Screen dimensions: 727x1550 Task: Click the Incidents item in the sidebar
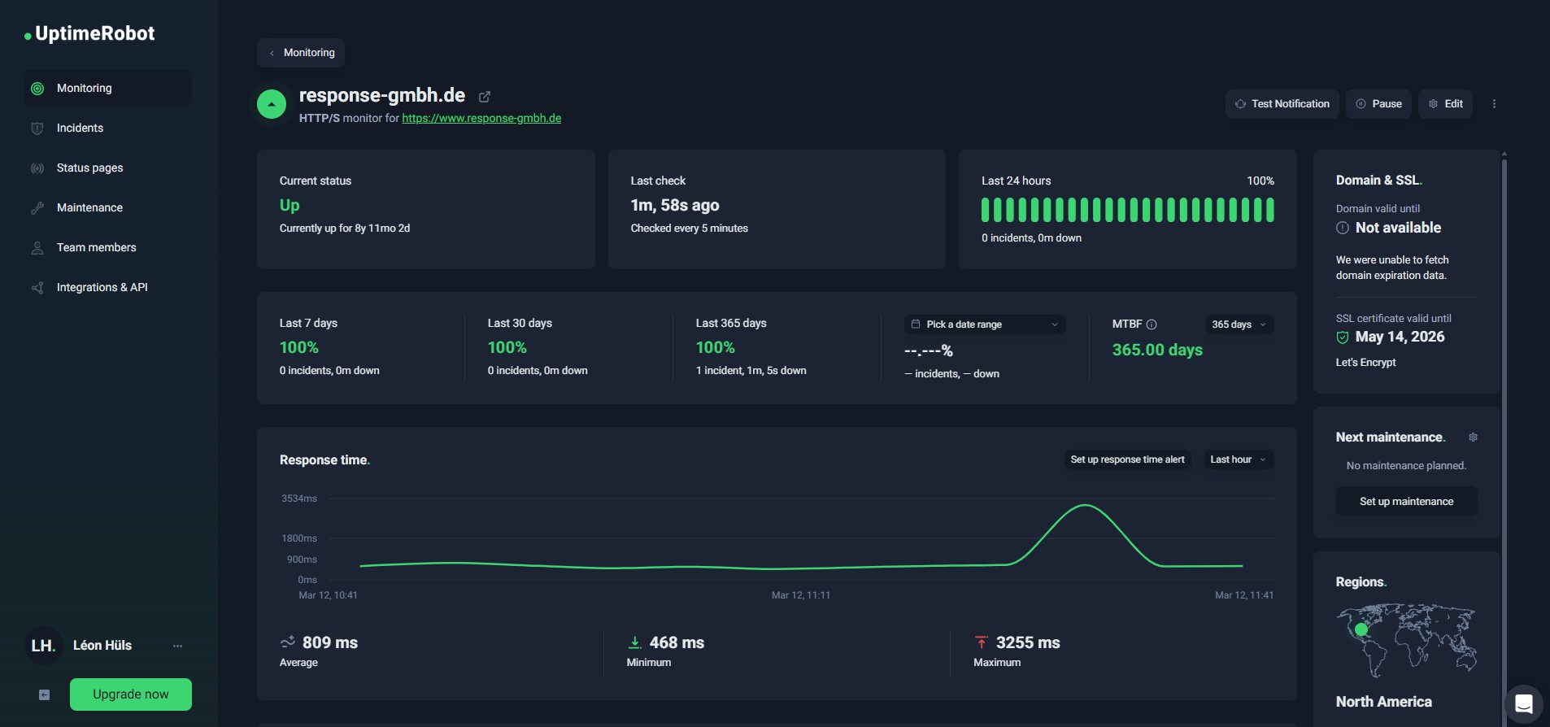[x=80, y=128]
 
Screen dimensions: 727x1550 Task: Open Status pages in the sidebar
[x=89, y=168]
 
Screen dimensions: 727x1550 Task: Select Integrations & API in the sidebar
[x=102, y=287]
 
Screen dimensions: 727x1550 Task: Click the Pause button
[x=1379, y=104]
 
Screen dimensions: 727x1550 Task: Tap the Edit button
[x=1446, y=104]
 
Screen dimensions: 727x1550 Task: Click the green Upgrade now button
[x=131, y=694]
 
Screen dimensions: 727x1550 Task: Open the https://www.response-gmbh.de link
[x=481, y=119]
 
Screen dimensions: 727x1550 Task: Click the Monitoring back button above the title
[x=301, y=53]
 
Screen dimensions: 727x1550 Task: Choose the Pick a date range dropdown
[x=984, y=324]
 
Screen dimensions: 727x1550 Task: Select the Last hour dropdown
[x=1238, y=459]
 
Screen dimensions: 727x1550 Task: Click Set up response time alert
[x=1127, y=459]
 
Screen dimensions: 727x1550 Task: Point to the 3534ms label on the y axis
[x=299, y=498]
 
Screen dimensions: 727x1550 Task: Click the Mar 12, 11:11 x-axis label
[x=801, y=595]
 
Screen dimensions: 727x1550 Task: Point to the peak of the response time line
[x=1086, y=506]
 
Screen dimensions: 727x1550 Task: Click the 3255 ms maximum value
[x=1028, y=642]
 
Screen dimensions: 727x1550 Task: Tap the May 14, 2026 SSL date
[x=1400, y=337]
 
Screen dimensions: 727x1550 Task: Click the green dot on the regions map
[x=1361, y=629]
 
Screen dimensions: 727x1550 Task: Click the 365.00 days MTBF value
[x=1157, y=350]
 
